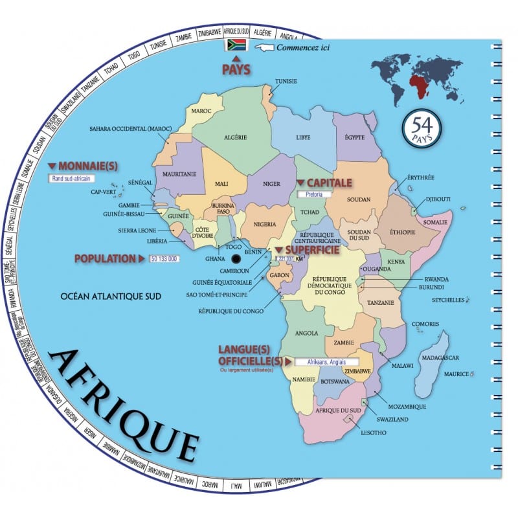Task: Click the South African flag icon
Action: click(x=233, y=45)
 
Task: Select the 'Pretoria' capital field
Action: click(x=313, y=194)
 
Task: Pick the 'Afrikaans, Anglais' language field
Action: click(x=326, y=362)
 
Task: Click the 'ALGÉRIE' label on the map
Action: click(x=235, y=137)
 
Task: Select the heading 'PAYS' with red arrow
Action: click(x=236, y=68)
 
